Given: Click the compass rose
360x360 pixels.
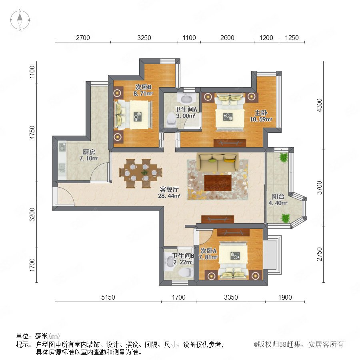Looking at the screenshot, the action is coord(20,20).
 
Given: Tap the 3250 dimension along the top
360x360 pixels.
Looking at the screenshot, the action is coord(144,38).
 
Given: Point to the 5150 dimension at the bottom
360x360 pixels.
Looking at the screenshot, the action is coord(108,297).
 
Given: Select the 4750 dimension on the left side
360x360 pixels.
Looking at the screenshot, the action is coord(32,132).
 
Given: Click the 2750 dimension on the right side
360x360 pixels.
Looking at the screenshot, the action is coord(319,254).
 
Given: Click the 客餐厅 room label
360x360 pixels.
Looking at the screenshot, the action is coord(169,190).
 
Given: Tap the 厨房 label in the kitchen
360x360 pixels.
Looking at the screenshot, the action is coord(89,152).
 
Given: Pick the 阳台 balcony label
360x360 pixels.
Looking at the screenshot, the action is coord(278,196).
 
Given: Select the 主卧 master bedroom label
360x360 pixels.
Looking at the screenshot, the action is coord(261,113).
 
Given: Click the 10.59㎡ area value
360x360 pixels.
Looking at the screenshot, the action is coord(261,119).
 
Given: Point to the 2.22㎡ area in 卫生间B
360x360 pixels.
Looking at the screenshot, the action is coord(183,262).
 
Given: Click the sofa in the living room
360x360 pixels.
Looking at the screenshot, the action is coord(218,162).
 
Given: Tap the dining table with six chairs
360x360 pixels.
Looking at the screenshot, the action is coord(140,173).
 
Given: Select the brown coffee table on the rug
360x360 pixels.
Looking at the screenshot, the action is coord(218,183).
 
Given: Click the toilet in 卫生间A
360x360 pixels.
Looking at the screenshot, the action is coord(172,119).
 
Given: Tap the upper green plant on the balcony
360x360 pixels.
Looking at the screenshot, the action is coord(284,158).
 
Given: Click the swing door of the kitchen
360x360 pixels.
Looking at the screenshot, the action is coord(100,172).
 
